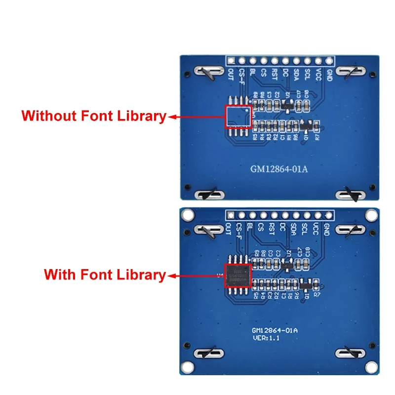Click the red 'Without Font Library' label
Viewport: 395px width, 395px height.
click(94, 116)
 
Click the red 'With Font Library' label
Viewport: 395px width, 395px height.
click(105, 275)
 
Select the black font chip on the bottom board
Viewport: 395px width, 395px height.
click(238, 275)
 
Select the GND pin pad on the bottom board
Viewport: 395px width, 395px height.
click(329, 215)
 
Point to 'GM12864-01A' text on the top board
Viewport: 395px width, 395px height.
click(278, 169)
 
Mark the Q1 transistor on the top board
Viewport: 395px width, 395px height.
click(307, 126)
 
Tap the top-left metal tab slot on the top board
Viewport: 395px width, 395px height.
click(207, 72)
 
